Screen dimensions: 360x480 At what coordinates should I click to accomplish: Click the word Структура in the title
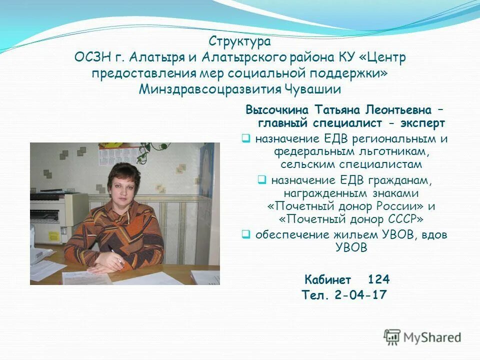point(240,41)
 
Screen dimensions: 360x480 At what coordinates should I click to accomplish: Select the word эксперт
point(420,122)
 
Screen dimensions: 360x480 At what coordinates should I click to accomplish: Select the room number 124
point(378,279)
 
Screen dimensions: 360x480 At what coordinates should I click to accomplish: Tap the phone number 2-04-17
point(361,295)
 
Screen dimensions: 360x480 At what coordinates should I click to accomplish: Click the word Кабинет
point(328,279)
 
